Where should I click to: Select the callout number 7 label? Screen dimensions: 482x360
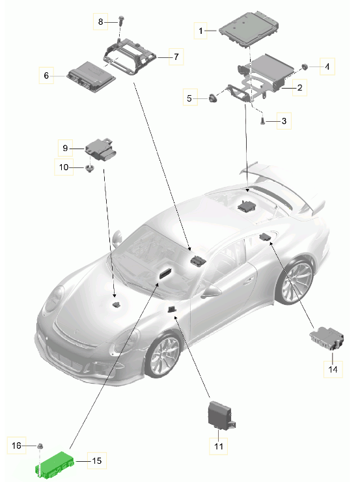pos(175,57)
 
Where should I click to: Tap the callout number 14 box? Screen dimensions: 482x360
pos(333,368)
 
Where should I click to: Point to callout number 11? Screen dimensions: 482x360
pos(218,446)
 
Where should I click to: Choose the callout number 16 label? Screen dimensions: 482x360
pos(18,445)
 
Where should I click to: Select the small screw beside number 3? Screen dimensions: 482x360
pos(262,120)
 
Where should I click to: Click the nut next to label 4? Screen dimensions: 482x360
pos(305,66)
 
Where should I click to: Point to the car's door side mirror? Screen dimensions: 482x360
pos(214,291)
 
